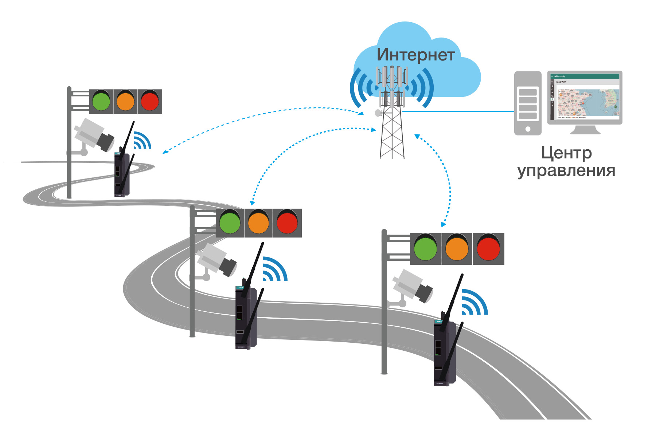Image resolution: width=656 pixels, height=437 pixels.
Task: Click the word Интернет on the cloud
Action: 416,55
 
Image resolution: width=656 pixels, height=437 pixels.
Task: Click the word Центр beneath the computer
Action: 566,153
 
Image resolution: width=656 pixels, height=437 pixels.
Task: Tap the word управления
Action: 566,170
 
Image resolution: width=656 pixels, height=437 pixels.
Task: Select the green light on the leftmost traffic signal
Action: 101,101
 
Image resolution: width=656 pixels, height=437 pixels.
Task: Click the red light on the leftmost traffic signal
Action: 150,101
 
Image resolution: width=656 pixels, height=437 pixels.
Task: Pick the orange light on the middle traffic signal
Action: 258,223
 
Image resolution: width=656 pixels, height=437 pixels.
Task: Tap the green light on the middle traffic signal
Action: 230,223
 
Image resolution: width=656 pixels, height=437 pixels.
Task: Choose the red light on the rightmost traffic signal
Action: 488,249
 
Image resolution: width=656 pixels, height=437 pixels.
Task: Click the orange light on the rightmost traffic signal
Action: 457,249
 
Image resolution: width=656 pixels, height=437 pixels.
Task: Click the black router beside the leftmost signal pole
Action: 121,175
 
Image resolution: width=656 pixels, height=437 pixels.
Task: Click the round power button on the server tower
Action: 527,129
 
